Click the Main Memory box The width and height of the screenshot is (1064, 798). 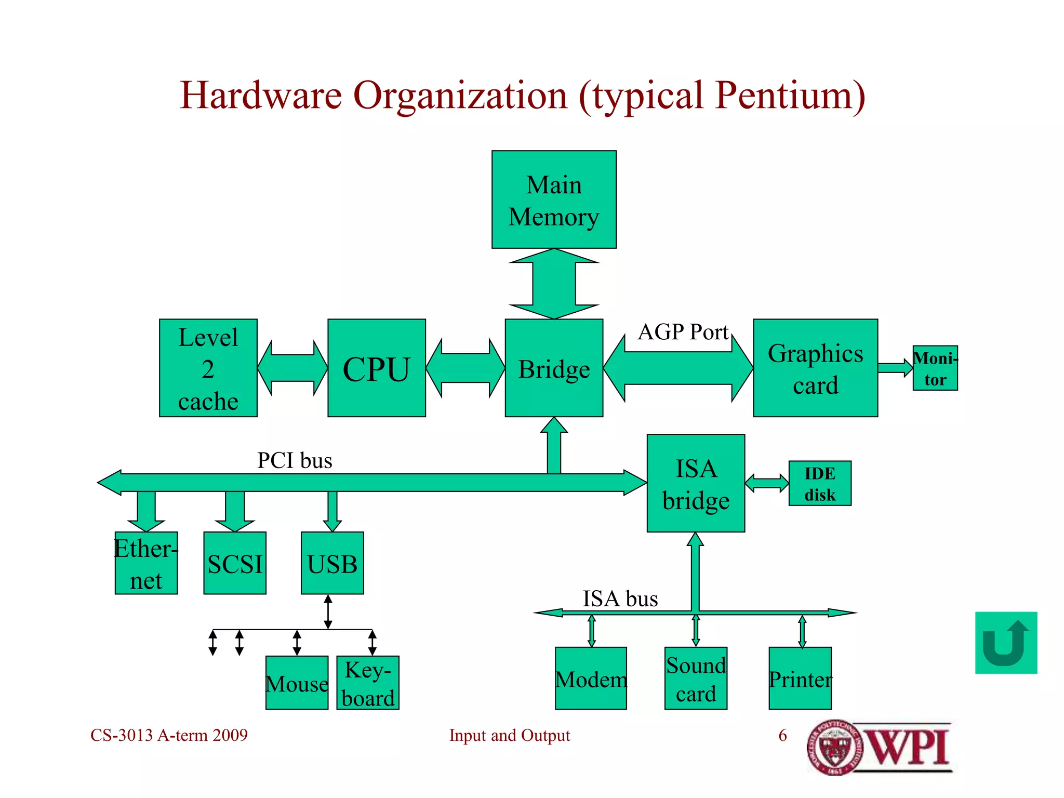(554, 199)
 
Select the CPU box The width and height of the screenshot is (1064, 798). (377, 368)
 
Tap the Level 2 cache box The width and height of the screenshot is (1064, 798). (208, 368)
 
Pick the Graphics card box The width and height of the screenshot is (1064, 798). (815, 368)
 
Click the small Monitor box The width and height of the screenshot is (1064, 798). (935, 368)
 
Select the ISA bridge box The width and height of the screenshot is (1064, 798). (696, 483)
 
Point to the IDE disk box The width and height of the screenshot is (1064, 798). (820, 483)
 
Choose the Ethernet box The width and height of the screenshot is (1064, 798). (146, 563)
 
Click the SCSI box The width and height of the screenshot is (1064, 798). (235, 563)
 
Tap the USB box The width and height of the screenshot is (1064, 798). (332, 563)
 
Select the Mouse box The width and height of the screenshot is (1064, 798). (297, 682)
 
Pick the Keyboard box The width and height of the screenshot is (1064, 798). (368, 682)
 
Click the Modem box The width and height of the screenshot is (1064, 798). (591, 678)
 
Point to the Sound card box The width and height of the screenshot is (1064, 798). (696, 678)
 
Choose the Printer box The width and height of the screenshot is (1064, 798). (800, 678)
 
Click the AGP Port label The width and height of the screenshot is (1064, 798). (683, 332)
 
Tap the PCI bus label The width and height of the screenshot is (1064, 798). (295, 461)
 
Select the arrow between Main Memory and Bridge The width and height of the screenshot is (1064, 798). (554, 284)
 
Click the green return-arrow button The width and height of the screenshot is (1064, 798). (1006, 643)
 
